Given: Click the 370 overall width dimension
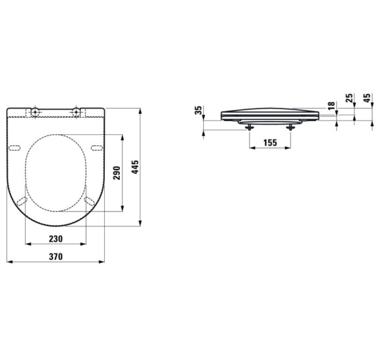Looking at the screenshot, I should pos(55,257).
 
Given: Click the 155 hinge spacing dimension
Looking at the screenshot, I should pos(268,142).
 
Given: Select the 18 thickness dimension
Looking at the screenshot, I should pos(331,105).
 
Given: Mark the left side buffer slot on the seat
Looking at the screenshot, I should pos(16,146).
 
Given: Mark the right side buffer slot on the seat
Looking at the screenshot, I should pos(96,146).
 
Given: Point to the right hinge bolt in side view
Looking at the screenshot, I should pos(288,127).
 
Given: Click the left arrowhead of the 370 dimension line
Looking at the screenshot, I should pos(8,262).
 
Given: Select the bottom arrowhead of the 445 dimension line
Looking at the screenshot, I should pos(141,225).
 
